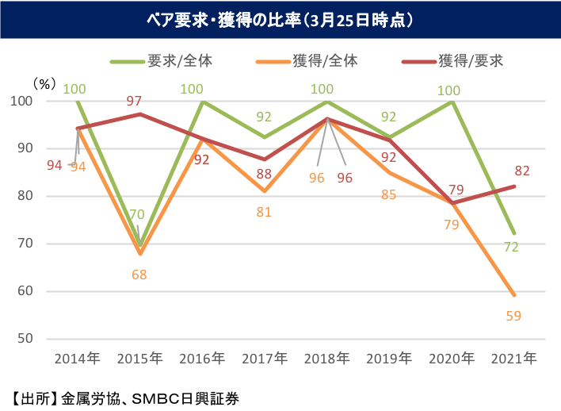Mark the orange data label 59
513,316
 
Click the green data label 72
511,247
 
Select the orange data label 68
140,275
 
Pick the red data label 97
134,101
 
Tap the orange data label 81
265,212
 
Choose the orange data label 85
388,194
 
